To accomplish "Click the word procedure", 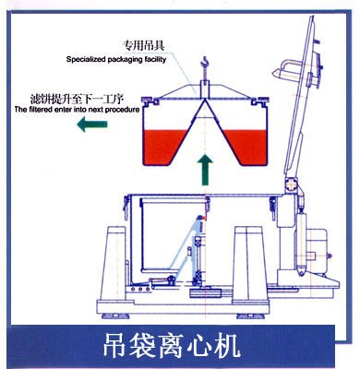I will (x=120, y=110).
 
